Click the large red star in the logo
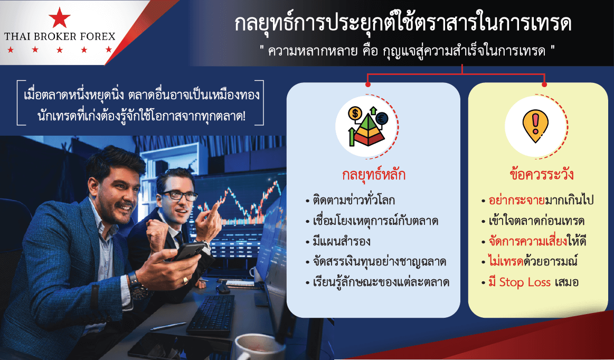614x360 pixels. point(59,17)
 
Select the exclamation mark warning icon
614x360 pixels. point(536,126)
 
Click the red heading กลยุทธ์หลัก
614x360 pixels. point(374,174)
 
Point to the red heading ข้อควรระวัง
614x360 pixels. point(542,174)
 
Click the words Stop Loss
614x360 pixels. point(525,282)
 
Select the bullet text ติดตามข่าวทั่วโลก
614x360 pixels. point(354,200)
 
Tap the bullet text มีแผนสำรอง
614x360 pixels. point(341,241)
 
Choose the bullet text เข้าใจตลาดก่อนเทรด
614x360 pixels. point(536,221)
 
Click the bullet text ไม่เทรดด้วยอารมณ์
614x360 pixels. point(533,261)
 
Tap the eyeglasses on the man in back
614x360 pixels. point(178,195)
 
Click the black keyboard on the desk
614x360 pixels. point(211,315)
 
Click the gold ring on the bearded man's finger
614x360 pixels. point(185,280)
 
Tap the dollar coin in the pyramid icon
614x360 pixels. point(355,113)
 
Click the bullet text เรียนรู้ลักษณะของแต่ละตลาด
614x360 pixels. point(381,282)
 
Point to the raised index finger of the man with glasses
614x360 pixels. point(213,208)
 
